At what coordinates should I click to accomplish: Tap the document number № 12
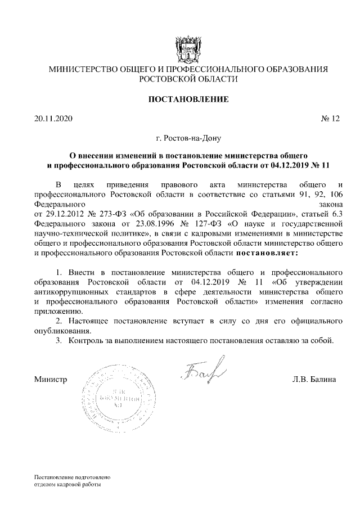click(x=330, y=119)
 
